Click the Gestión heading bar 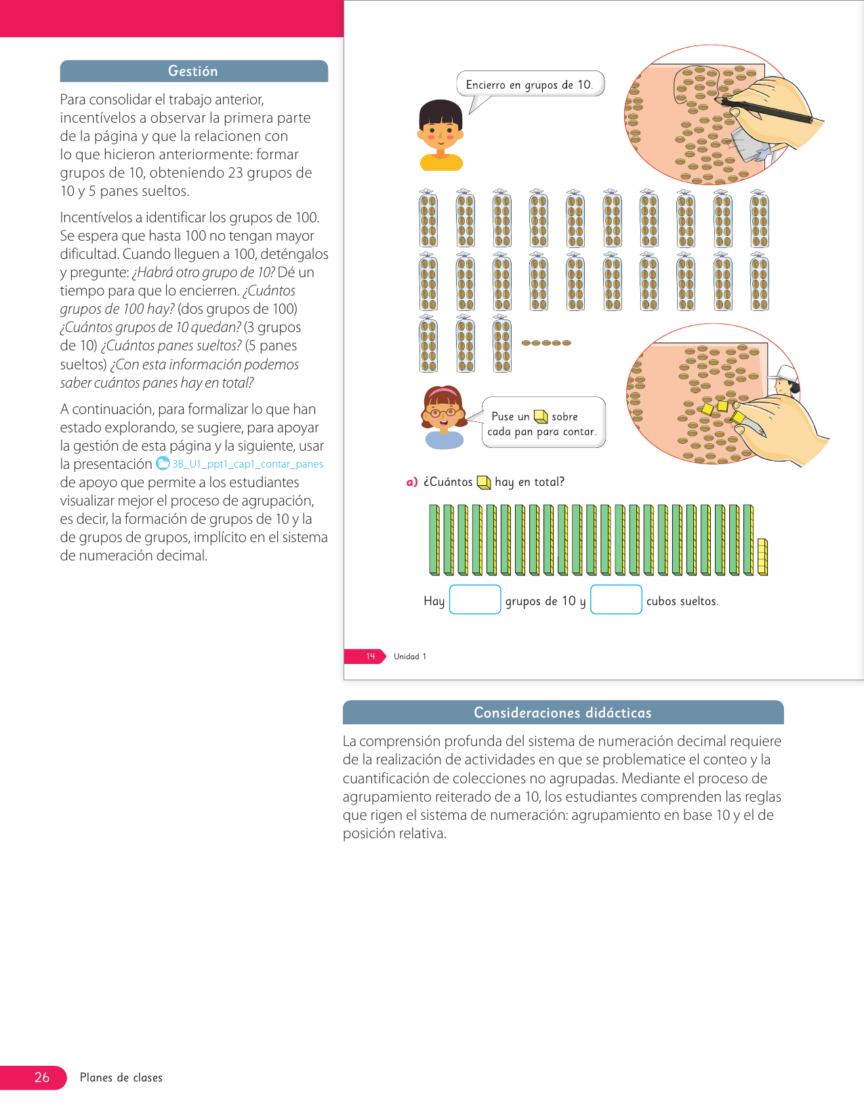click(194, 71)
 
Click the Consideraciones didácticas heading click(562, 713)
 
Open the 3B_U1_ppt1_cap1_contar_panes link click(247, 464)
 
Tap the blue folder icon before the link click(163, 463)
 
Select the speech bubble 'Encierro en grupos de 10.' click(529, 85)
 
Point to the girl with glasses click(444, 416)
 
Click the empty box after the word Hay click(475, 600)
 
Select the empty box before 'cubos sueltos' click(616, 600)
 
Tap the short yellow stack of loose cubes click(762, 556)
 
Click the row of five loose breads click(546, 343)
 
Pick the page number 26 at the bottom click(42, 1077)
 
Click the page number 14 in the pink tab click(371, 657)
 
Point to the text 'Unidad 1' click(410, 657)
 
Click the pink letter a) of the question click(411, 482)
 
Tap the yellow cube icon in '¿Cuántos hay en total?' click(484, 482)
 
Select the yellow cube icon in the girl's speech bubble click(540, 417)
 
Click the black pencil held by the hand click(766, 111)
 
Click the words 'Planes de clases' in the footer click(121, 1077)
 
